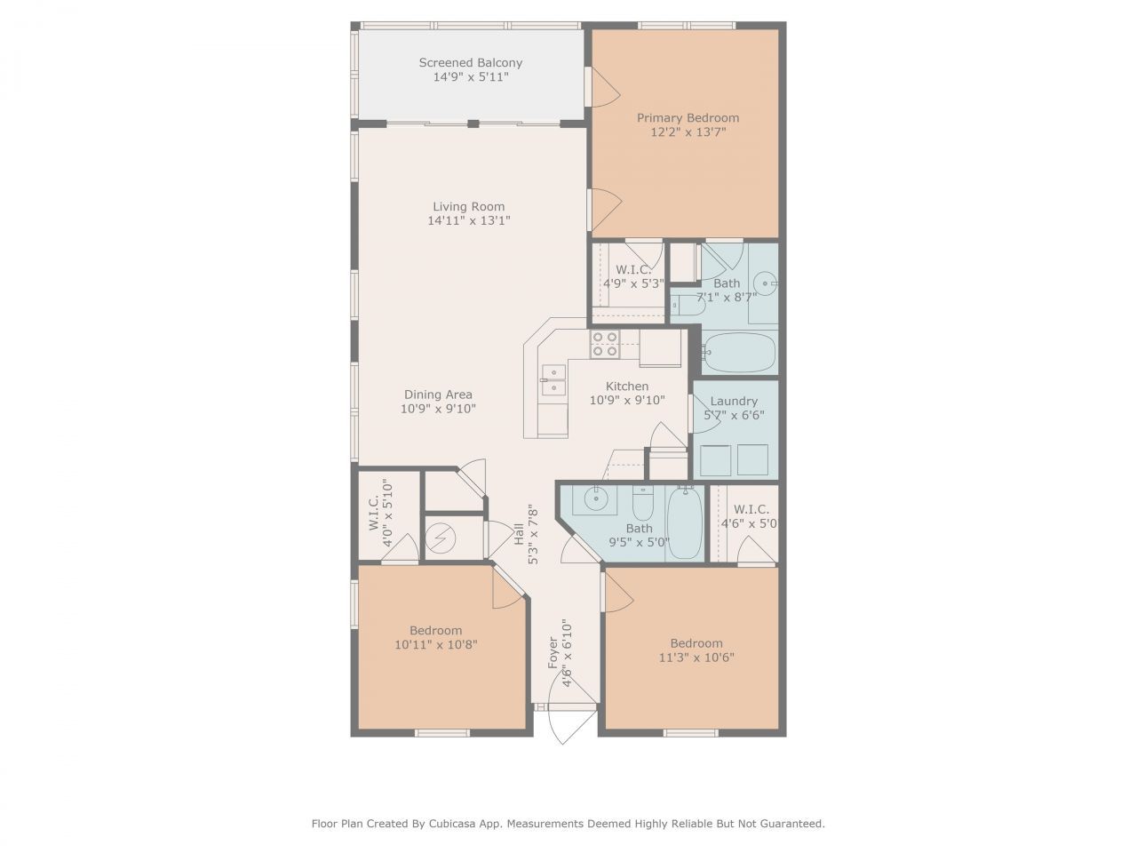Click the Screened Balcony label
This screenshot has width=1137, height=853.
(470, 63)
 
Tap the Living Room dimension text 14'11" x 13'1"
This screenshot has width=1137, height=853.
(468, 221)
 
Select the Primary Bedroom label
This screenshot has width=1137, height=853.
(688, 117)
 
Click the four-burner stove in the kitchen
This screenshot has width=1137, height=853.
(605, 344)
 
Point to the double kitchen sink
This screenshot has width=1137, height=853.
(553, 379)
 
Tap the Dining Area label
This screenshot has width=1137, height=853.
(438, 395)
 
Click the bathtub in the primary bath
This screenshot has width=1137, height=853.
(739, 353)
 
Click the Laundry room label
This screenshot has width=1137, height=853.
(734, 401)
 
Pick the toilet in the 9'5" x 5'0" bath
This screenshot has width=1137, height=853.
(642, 504)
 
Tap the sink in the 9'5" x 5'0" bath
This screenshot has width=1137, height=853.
(591, 499)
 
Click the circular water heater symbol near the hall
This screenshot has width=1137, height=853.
(440, 538)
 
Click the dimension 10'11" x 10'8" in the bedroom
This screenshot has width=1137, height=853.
(435, 645)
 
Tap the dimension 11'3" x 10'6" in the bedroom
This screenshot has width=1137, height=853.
(696, 658)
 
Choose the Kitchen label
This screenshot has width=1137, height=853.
(627, 386)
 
